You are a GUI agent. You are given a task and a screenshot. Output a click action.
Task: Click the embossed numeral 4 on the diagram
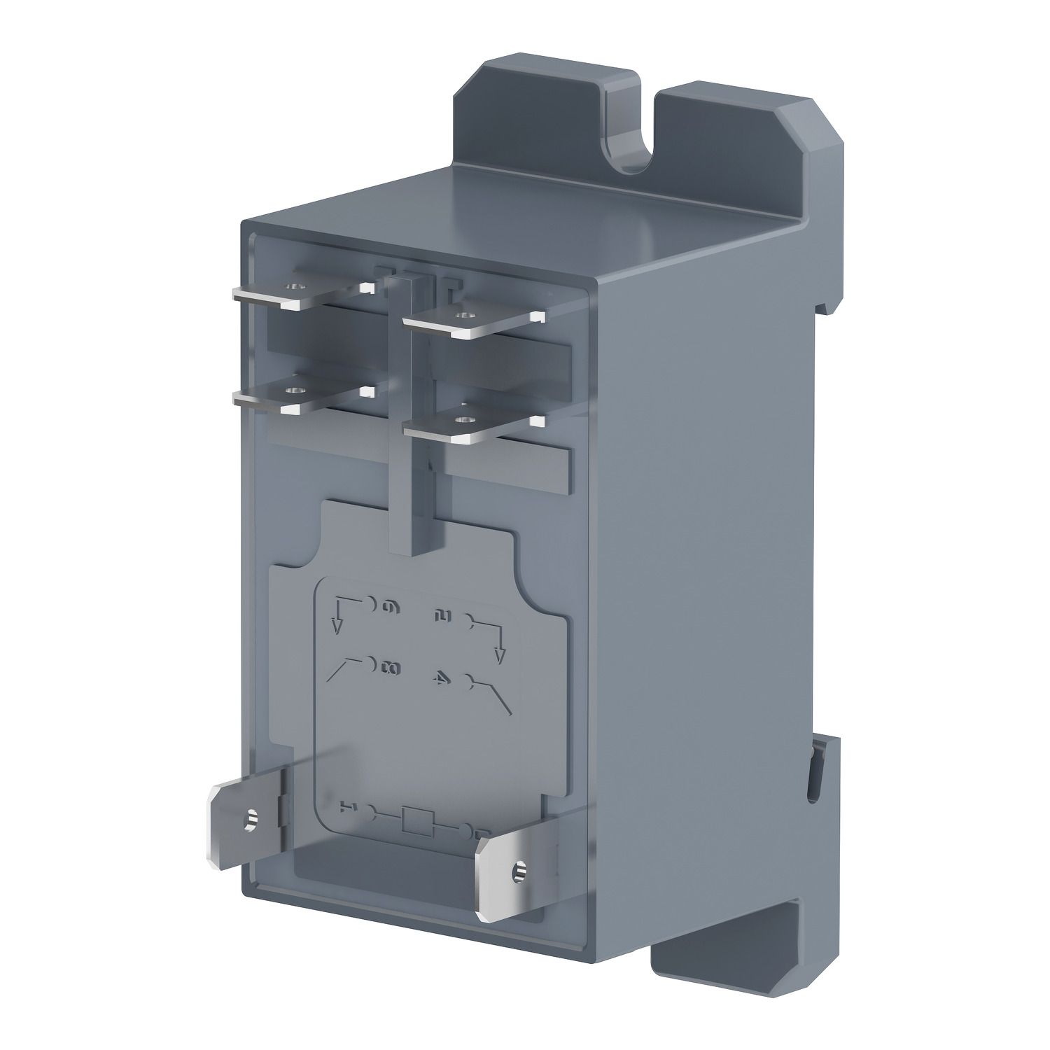coord(440,679)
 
